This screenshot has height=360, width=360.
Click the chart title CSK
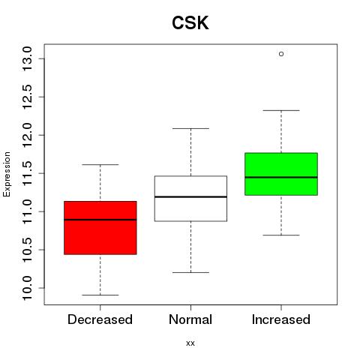pyautogui.click(x=190, y=22)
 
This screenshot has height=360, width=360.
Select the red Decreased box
pyautogui.click(x=100, y=228)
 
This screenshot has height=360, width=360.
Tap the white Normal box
pyautogui.click(x=190, y=199)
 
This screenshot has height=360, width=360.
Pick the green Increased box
pyautogui.click(x=281, y=174)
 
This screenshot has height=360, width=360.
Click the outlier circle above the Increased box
pyautogui.click(x=281, y=54)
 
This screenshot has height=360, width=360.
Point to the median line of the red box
pyautogui.click(x=100, y=220)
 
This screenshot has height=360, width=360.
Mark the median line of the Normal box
pyautogui.click(x=190, y=197)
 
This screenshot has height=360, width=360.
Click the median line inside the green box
pyautogui.click(x=281, y=177)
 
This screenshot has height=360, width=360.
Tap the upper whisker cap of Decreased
pyautogui.click(x=100, y=165)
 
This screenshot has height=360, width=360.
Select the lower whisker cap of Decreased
pyautogui.click(x=100, y=295)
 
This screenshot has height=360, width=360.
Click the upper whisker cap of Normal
pyautogui.click(x=190, y=128)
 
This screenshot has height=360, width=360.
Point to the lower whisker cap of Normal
pyautogui.click(x=190, y=272)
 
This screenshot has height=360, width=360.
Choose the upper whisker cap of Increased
pyautogui.click(x=281, y=110)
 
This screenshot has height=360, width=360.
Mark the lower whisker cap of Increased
pyautogui.click(x=281, y=235)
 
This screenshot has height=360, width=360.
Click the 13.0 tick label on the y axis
pyautogui.click(x=27, y=58)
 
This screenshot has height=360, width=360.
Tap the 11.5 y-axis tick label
pyautogui.click(x=27, y=173)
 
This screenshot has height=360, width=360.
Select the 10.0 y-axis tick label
pyautogui.click(x=27, y=288)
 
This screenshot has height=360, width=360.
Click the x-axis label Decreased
pyautogui.click(x=100, y=319)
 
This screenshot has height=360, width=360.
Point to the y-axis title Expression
pyautogui.click(x=7, y=174)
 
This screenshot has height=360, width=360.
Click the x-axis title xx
pyautogui.click(x=190, y=343)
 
